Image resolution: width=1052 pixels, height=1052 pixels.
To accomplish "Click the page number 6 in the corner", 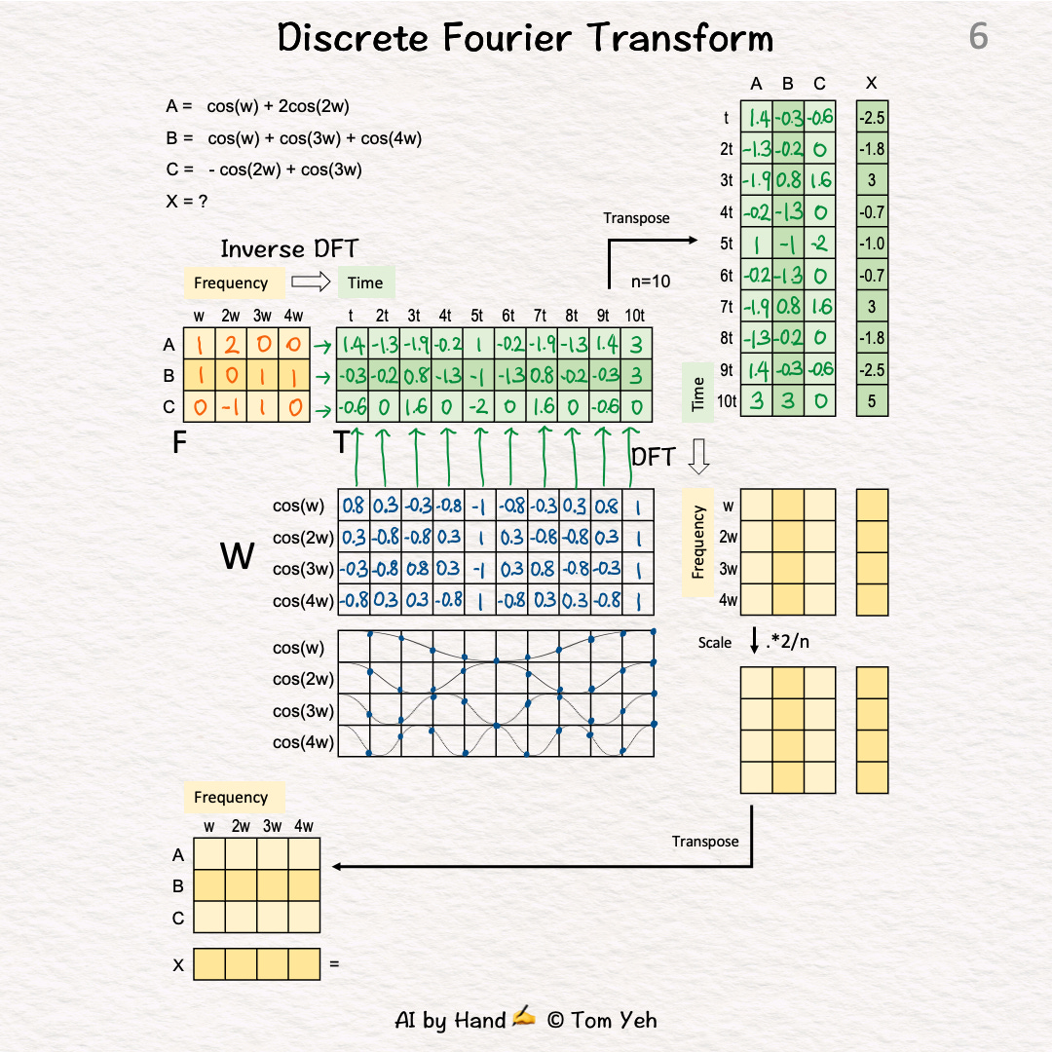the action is coord(978,37).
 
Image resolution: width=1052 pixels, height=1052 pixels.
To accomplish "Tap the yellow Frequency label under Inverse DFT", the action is coord(231,282).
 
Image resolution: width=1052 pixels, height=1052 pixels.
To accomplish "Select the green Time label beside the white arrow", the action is coord(365,282).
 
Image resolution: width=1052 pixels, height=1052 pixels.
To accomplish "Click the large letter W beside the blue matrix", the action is coord(238,556).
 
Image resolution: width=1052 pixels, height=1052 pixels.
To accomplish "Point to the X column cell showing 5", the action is coord(872,400).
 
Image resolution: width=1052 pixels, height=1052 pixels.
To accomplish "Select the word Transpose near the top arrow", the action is coord(636,218).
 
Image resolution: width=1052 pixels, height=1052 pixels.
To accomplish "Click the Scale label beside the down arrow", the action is coord(715,642).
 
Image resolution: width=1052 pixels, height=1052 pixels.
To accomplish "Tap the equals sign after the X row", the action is coord(334,964).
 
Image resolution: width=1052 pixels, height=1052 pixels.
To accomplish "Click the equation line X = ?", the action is coord(187,202).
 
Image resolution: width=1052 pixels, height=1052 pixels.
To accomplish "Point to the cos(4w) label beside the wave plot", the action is coord(303,742).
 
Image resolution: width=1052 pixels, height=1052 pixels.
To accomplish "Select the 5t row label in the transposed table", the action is coord(727,244).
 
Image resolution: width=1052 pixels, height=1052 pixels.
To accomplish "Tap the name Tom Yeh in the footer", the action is coord(616,1020).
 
